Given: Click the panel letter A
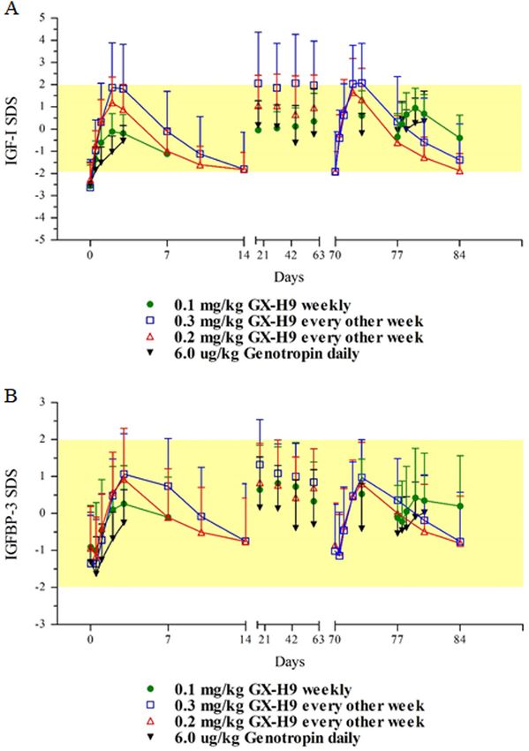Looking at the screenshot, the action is point(11,8).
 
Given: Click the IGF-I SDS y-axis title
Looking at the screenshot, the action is point(11,129).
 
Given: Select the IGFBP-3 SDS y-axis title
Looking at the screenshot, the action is point(11,513).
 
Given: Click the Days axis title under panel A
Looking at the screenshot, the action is point(289,277).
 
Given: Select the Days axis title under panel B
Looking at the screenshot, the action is point(290,662).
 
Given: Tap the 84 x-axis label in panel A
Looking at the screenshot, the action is point(459,254).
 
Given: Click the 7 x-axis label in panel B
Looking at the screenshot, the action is point(168,639).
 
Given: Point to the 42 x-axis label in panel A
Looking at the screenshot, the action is point(291,254).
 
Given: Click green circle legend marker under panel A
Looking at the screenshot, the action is point(150,304).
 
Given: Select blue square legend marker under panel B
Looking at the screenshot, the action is point(150,704).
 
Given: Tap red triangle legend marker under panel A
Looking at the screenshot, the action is point(150,337).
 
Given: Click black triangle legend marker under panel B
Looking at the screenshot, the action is point(150,737).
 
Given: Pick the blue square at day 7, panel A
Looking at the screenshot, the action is point(167,132).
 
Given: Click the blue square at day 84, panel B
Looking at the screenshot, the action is point(460,542).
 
